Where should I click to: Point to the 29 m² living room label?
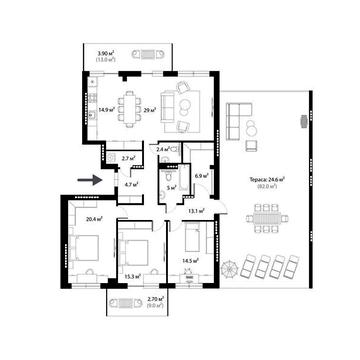coord(149,111)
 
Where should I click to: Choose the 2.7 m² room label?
coord(128,158)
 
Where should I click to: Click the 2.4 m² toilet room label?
coord(164,149)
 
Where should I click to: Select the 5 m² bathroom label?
coord(171,187)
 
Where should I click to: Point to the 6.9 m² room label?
coord(200,176)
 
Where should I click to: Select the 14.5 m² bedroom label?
coord(188,262)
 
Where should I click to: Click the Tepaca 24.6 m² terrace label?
coord(267,180)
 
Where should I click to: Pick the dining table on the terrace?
coord(267,216)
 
